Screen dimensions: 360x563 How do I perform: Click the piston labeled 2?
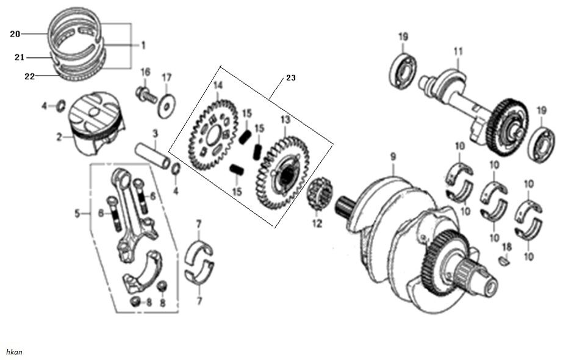point(96,125)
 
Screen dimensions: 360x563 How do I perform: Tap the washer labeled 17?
point(165,106)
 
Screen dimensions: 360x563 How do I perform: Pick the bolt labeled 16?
point(145,94)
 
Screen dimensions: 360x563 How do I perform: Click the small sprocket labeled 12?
point(320,195)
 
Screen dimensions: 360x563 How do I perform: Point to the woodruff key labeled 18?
point(504,261)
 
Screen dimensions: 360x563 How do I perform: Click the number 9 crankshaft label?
point(393,156)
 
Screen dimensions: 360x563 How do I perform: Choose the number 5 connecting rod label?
point(77,214)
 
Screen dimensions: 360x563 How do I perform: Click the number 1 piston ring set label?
point(143,45)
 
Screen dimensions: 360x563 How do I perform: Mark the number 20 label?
point(15,34)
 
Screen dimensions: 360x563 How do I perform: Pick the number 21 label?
point(19,57)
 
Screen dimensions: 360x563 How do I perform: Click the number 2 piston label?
point(60,138)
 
